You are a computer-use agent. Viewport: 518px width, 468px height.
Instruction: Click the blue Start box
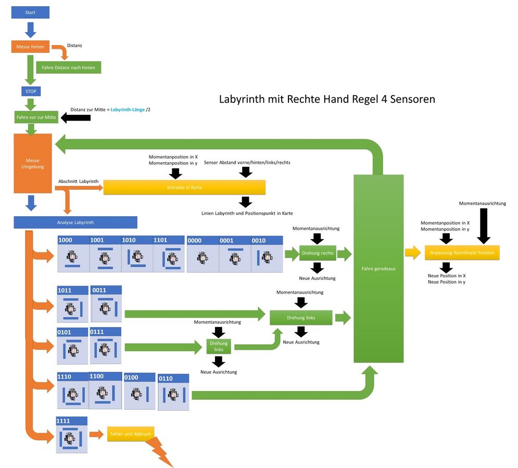click(x=30, y=12)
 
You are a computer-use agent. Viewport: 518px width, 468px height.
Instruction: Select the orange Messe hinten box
click(x=30, y=47)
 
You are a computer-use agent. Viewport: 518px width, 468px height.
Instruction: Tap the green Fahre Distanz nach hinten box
click(x=68, y=68)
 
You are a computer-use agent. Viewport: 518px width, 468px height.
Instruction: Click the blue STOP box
click(x=30, y=92)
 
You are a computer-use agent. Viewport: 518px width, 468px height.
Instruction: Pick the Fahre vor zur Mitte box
click(x=36, y=118)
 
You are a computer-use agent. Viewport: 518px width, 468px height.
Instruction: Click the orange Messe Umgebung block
click(x=33, y=163)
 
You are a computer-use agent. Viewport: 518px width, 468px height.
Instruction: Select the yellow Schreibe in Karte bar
click(x=184, y=187)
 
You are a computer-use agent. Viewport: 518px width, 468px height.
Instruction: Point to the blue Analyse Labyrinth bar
click(x=75, y=223)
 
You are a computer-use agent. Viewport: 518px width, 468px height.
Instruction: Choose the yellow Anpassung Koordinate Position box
click(x=462, y=253)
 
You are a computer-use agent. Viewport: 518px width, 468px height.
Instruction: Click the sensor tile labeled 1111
click(x=72, y=435)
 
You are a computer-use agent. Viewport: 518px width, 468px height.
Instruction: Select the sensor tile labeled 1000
click(x=73, y=254)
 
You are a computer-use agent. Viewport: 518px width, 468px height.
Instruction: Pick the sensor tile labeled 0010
click(x=267, y=254)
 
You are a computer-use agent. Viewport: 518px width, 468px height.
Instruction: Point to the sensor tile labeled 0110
click(x=174, y=392)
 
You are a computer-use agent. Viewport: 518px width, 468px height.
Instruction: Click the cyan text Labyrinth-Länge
click(x=128, y=110)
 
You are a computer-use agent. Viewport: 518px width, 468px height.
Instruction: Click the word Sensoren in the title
click(x=412, y=99)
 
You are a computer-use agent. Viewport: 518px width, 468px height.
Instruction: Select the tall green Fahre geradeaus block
click(x=378, y=269)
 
